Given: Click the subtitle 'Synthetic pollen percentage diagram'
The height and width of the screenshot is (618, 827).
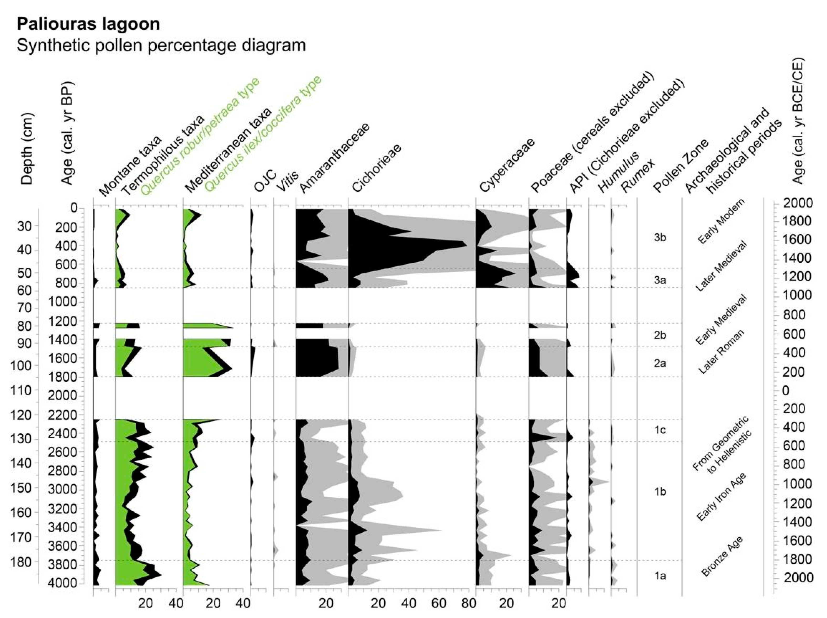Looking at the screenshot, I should pyautogui.click(x=161, y=45).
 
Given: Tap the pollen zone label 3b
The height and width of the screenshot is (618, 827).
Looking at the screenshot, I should pyautogui.click(x=660, y=237).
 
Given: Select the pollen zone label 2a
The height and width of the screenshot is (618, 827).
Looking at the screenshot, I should pyautogui.click(x=660, y=363).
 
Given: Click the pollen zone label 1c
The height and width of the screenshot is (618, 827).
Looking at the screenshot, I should pyautogui.click(x=660, y=430).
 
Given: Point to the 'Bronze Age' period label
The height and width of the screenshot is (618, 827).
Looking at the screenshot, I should pyautogui.click(x=721, y=556).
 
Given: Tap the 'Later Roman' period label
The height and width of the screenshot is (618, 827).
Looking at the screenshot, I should pyautogui.click(x=721, y=352).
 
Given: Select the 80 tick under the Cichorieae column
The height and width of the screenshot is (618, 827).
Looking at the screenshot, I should pyautogui.click(x=469, y=603).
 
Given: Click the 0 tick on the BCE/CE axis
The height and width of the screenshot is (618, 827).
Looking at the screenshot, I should pyautogui.click(x=786, y=391).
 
